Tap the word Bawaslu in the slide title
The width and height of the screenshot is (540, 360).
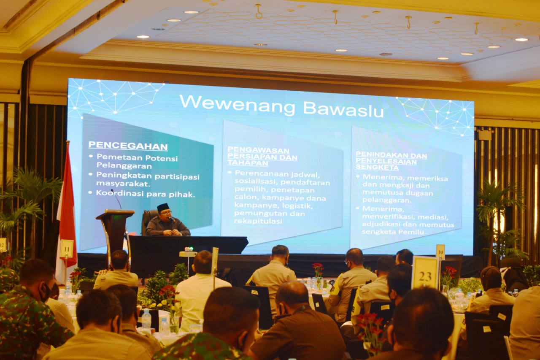click(343, 109)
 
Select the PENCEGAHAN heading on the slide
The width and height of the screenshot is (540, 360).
click(128, 146)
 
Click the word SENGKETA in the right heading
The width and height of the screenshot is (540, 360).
click(371, 168)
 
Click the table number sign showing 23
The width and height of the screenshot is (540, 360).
click(425, 273)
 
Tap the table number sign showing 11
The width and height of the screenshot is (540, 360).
click(67, 248)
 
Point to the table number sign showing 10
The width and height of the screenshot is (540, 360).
click(440, 252)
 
